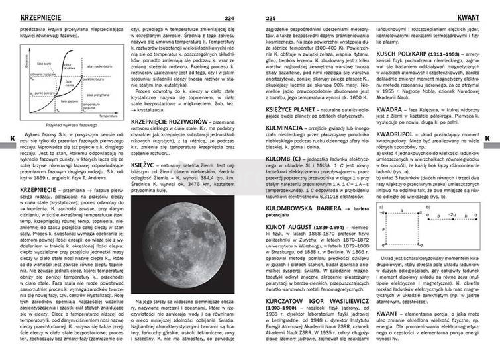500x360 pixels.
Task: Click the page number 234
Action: (229, 17)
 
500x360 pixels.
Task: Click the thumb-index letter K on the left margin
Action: (5, 138)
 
